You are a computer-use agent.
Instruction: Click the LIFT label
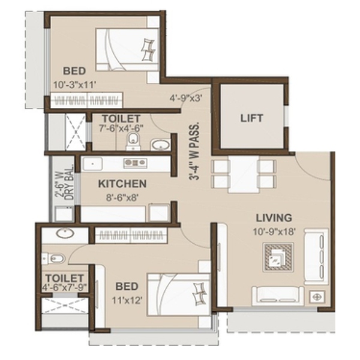click(x=251, y=118)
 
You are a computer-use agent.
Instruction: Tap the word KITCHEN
click(x=122, y=184)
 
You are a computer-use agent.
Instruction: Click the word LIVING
click(x=274, y=218)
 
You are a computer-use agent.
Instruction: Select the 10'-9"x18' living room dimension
click(x=274, y=232)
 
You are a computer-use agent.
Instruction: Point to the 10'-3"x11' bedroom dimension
click(x=74, y=85)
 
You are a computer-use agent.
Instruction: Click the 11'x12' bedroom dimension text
click(x=127, y=300)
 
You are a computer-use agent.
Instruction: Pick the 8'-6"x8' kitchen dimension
click(x=122, y=197)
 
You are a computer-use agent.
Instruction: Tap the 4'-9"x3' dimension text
click(x=186, y=98)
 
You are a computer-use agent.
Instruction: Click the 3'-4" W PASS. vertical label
click(x=194, y=152)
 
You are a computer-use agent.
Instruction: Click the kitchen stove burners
click(x=135, y=163)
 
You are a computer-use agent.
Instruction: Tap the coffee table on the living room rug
click(x=278, y=257)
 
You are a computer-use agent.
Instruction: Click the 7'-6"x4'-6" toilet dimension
click(x=121, y=128)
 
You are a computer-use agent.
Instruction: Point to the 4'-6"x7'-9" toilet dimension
click(x=65, y=287)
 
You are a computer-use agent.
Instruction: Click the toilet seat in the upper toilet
click(x=133, y=141)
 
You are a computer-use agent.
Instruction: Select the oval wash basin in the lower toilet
click(x=65, y=234)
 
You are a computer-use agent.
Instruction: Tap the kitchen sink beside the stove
click(x=92, y=164)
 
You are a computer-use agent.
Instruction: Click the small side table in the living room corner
click(x=317, y=297)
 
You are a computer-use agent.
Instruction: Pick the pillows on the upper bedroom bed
click(x=149, y=50)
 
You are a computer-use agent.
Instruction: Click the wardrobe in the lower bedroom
click(x=131, y=235)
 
